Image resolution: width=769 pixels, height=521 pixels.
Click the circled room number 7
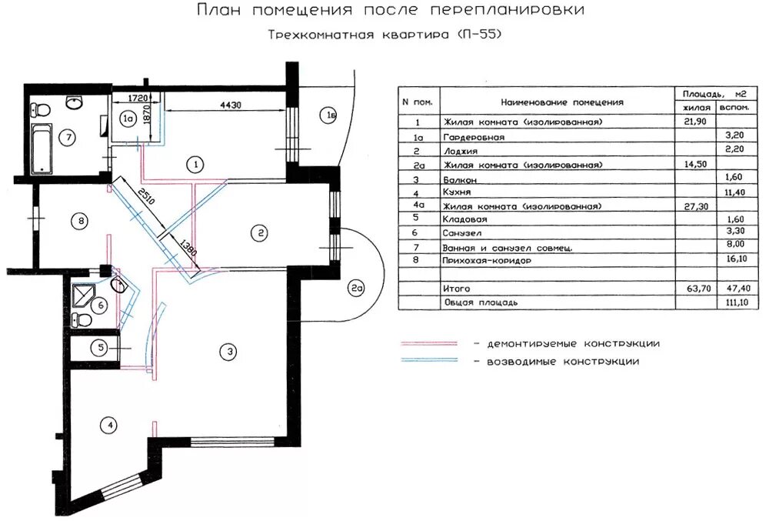click(x=68, y=139)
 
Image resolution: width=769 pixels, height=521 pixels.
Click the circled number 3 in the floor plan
click(x=227, y=352)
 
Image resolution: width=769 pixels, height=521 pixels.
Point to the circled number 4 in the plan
click(x=111, y=425)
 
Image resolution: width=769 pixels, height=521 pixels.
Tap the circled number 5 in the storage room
click(x=101, y=348)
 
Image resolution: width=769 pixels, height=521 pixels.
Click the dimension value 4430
click(x=231, y=105)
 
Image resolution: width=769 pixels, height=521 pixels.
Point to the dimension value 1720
click(x=138, y=98)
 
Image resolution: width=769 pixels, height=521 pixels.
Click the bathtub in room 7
click(x=41, y=150)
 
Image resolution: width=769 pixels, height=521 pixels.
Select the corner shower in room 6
click(x=82, y=295)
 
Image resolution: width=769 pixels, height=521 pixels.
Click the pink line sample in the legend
click(x=428, y=343)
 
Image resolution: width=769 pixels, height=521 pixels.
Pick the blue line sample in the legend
click(x=428, y=361)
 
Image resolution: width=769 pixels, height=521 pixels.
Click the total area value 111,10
click(x=736, y=303)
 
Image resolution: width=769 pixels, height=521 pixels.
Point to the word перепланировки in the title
click(x=508, y=11)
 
